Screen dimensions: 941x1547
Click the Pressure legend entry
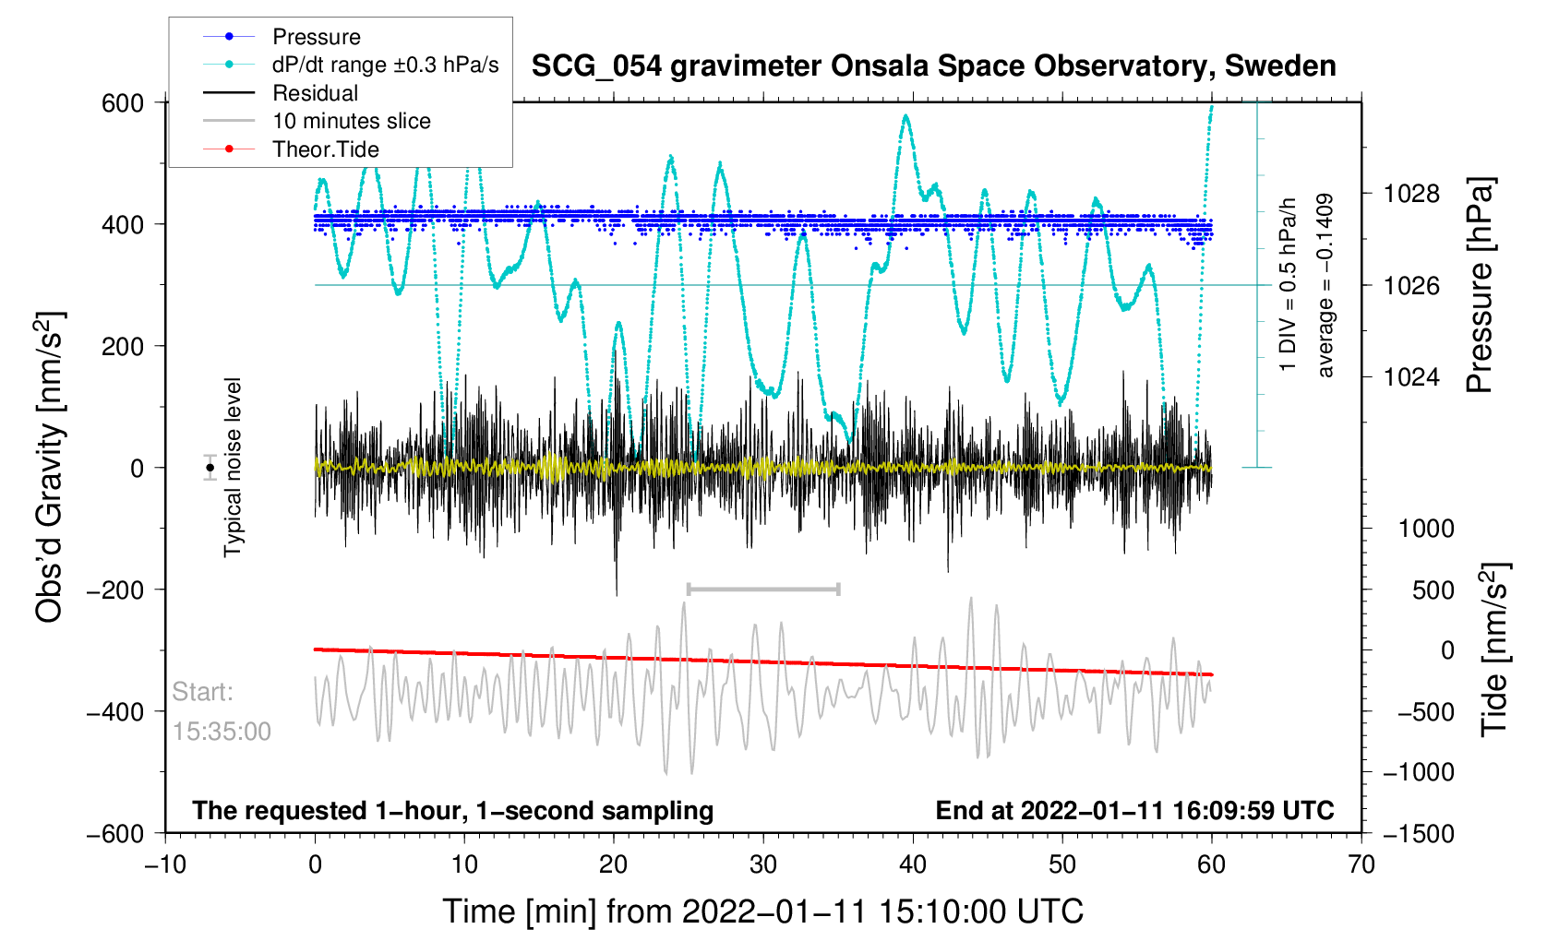click(316, 37)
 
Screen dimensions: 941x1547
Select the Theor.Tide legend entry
click(325, 149)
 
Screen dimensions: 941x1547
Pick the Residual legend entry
click(315, 93)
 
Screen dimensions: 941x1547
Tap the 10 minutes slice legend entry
click(351, 121)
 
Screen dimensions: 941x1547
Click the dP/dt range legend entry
click(385, 65)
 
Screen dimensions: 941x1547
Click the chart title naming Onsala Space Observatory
click(933, 66)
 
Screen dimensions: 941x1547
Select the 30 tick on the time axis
click(763, 864)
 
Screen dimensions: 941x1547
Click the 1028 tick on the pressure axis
click(1411, 194)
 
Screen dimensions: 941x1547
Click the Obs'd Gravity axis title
click(50, 468)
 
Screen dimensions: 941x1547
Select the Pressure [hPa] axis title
click(1479, 285)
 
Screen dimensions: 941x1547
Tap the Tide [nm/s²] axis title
click(1495, 649)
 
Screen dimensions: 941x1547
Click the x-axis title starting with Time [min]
click(762, 911)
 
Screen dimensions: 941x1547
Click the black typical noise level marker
click(210, 468)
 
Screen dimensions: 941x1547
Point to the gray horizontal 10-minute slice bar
click(763, 589)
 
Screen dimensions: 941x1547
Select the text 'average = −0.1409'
click(1325, 285)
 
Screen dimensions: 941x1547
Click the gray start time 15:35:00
click(222, 732)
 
